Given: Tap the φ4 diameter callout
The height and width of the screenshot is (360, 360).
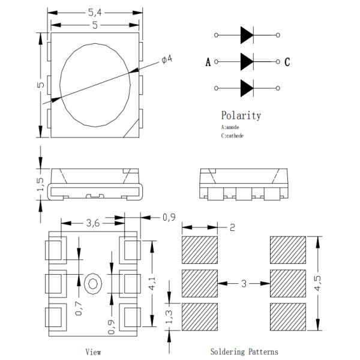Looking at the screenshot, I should click(x=167, y=60).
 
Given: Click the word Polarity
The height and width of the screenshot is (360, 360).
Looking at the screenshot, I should click(x=241, y=116).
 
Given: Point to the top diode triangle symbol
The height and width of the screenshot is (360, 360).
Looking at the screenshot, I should click(x=247, y=35).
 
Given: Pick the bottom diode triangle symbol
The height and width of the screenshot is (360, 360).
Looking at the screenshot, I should click(x=247, y=88).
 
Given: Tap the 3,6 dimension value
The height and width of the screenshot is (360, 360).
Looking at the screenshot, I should click(x=93, y=223).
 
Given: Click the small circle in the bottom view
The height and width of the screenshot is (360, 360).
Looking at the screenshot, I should click(x=94, y=282).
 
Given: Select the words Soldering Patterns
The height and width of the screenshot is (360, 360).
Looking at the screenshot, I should click(x=244, y=352).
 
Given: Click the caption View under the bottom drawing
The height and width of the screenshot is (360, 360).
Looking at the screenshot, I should click(x=93, y=352).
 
